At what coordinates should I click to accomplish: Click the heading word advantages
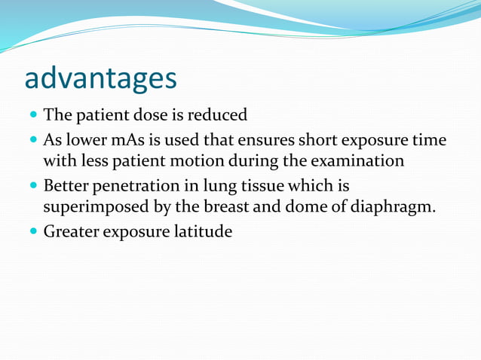click(x=101, y=78)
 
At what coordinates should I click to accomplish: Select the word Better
click(x=66, y=185)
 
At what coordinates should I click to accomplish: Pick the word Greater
click(x=70, y=231)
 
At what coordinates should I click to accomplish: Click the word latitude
click(x=203, y=231)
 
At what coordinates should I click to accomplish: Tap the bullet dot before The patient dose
click(x=33, y=117)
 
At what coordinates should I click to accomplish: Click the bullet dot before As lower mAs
click(x=33, y=141)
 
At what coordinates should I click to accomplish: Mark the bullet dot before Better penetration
click(x=33, y=186)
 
